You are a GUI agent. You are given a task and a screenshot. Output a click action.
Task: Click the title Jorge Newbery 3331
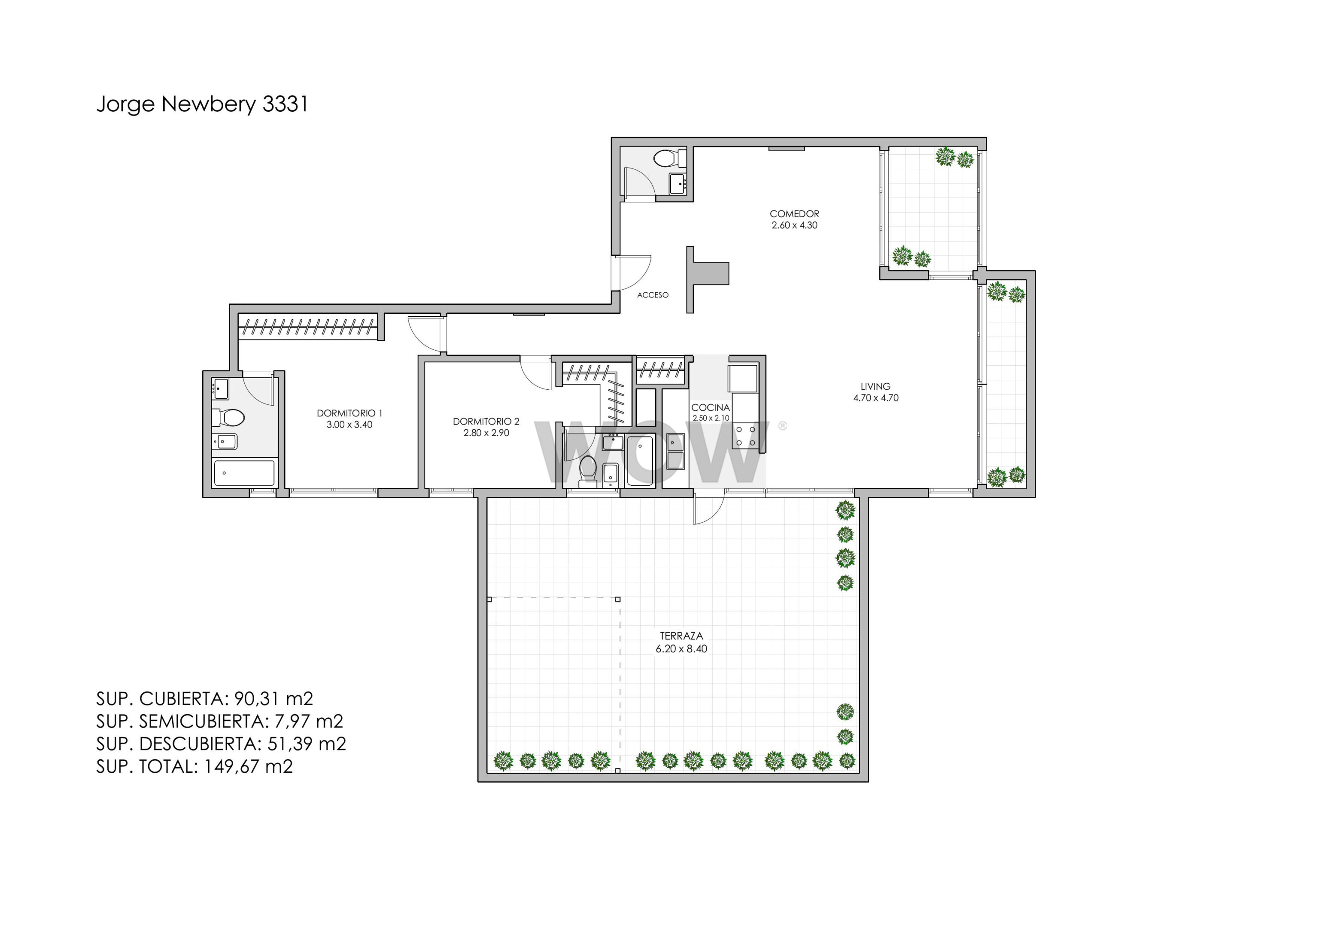pyautogui.click(x=202, y=104)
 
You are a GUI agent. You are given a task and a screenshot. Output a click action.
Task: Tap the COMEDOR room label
pyautogui.click(x=794, y=214)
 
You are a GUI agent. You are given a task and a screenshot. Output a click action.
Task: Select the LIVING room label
pyautogui.click(x=875, y=386)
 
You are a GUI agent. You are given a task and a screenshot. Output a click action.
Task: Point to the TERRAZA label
pyautogui.click(x=681, y=636)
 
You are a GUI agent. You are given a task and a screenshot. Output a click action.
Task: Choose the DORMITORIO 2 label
pyautogui.click(x=486, y=421)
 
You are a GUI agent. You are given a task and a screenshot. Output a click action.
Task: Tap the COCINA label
pyautogui.click(x=711, y=407)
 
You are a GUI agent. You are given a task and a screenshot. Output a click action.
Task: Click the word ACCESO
pyautogui.click(x=653, y=295)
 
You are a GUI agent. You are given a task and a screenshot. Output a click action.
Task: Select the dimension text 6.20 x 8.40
pyautogui.click(x=681, y=649)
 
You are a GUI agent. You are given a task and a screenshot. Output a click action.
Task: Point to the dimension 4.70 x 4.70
pyautogui.click(x=876, y=398)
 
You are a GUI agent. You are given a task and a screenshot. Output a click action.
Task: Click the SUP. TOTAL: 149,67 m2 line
pyautogui.click(x=195, y=766)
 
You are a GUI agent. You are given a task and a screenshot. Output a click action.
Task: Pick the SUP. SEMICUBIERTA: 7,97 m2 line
pyautogui.click(x=220, y=721)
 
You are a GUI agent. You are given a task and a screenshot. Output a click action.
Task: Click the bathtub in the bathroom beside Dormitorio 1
pyautogui.click(x=244, y=473)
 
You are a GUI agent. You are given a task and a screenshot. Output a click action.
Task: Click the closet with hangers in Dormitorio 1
pyautogui.click(x=308, y=327)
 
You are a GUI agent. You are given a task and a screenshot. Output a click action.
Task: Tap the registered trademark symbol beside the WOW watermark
pyautogui.click(x=782, y=426)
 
